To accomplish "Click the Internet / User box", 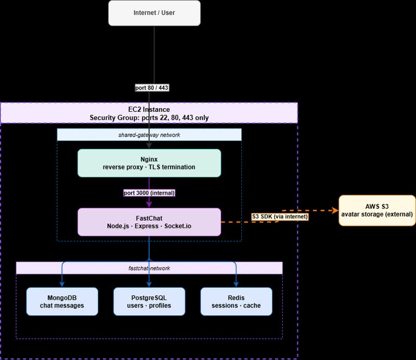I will point(154,13).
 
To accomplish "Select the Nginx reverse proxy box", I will point(149,162).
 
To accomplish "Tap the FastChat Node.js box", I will point(149,222).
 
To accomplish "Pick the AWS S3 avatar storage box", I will point(377,210).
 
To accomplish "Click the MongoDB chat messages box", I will point(62,301).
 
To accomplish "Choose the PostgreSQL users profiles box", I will point(149,301).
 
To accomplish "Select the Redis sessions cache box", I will point(236,301).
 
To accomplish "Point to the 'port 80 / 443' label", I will point(151,88).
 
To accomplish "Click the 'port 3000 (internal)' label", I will point(149,192).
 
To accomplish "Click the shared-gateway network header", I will point(149,135).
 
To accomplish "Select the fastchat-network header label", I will point(149,268).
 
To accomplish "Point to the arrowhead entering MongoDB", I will point(62,284).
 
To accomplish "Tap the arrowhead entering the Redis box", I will point(236,284).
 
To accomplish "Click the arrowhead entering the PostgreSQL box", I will point(149,284).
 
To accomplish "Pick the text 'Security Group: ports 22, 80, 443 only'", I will point(149,118).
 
